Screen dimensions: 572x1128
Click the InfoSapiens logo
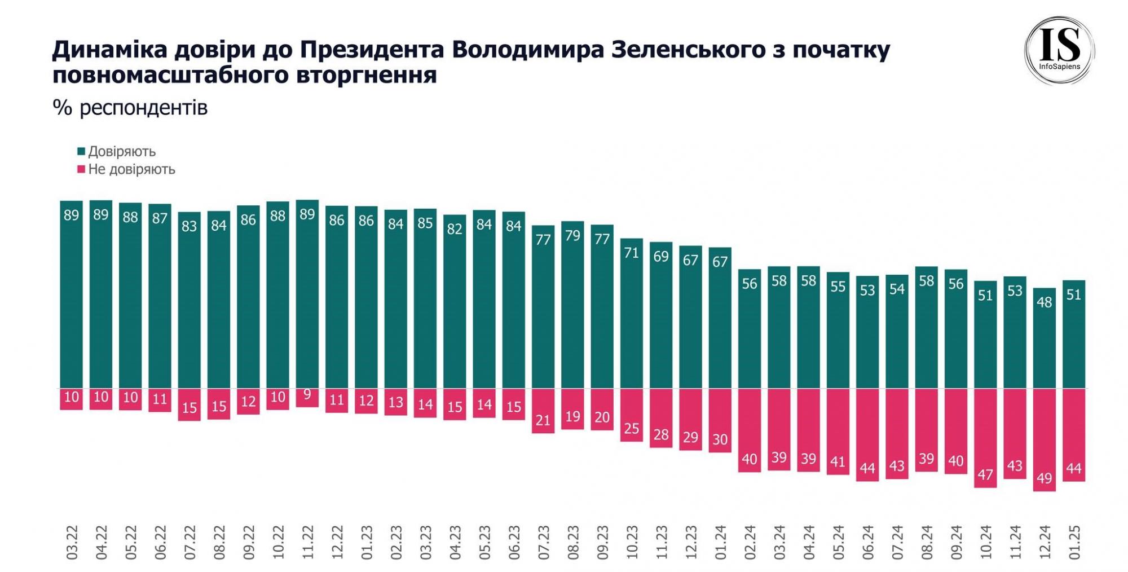coord(1059,51)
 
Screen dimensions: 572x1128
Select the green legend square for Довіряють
coord(81,151)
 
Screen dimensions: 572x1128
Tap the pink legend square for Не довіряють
coord(81,169)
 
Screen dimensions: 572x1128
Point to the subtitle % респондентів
coord(130,107)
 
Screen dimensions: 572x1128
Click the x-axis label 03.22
coord(72,542)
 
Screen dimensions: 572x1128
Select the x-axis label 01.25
coord(1074,542)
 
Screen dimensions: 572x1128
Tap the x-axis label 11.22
coord(307,542)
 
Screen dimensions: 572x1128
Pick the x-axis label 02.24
coord(750,542)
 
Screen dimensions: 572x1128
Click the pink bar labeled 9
coord(307,398)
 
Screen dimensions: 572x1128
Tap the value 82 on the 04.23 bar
coord(455,228)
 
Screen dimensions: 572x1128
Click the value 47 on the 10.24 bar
coord(985,474)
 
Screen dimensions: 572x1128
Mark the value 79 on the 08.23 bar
coord(572,235)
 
